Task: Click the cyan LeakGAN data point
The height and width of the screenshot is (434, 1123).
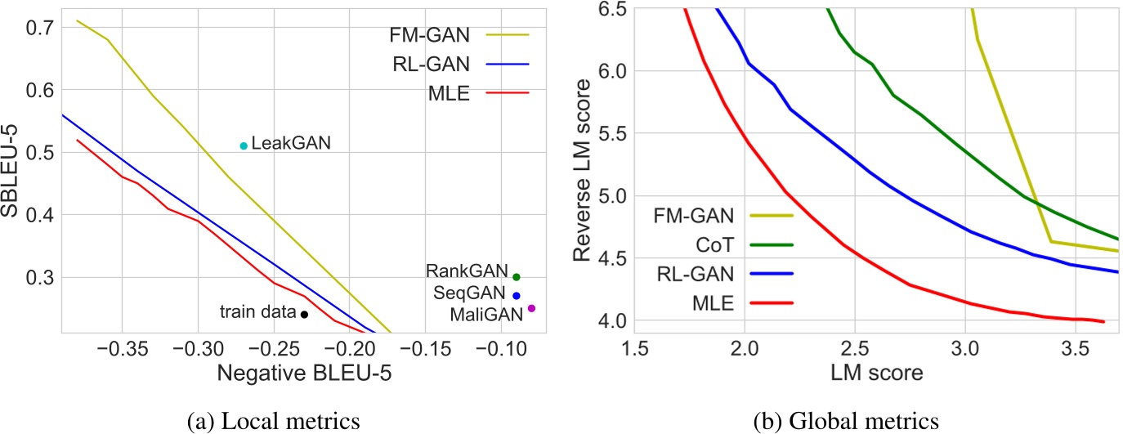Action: [x=244, y=145]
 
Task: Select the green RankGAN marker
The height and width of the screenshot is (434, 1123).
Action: [x=516, y=277]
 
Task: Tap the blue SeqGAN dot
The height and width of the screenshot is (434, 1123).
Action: [x=516, y=296]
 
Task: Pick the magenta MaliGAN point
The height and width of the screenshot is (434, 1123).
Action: [x=531, y=308]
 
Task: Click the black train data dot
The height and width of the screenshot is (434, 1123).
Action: [x=304, y=314]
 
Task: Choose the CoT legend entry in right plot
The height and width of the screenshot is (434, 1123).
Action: [x=727, y=244]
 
